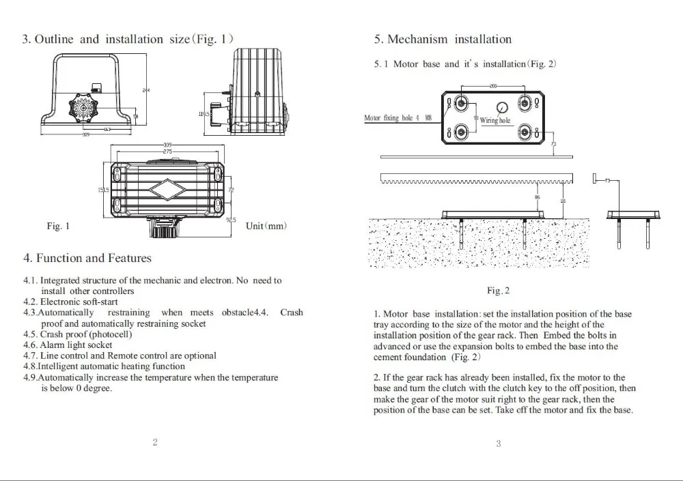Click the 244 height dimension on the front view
coord(145,90)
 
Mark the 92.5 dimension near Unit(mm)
coord(231,220)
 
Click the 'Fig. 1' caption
coord(57,226)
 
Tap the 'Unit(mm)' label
coord(266,226)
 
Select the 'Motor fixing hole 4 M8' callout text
coord(398,119)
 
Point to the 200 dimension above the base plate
coord(493,86)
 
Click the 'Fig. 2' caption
coord(498,291)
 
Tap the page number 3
coord(498,444)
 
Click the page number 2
coord(155,443)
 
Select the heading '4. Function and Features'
coord(87,258)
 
